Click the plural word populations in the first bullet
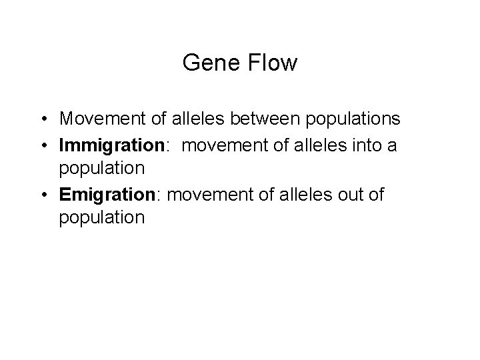point(343,119)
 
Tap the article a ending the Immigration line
point(392,146)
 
